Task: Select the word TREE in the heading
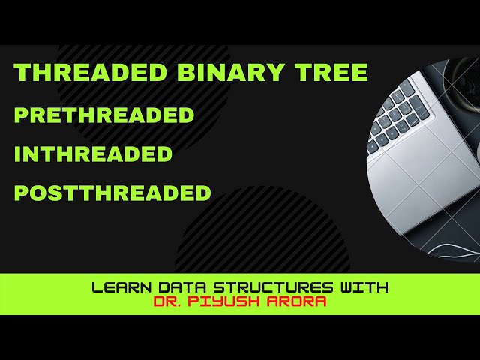click(x=335, y=73)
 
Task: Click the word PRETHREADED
click(x=104, y=115)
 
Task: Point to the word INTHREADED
click(x=94, y=154)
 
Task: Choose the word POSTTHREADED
click(x=112, y=193)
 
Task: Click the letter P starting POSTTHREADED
click(x=21, y=193)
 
